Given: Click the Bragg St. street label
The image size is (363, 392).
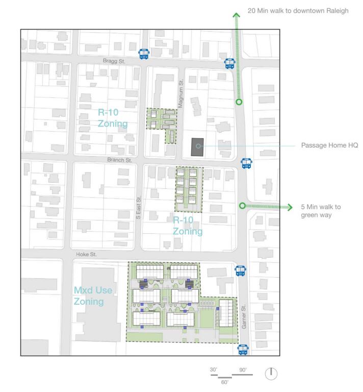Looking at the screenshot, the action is tap(114, 61).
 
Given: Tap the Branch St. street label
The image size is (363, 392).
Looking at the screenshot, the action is tap(120, 160).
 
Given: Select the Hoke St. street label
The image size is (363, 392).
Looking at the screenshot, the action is tap(86, 254).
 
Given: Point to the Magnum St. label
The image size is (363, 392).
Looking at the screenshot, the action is tap(181, 93).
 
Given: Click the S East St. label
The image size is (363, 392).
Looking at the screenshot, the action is tap(139, 208).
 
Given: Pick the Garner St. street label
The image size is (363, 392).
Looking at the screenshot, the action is tap(244, 316).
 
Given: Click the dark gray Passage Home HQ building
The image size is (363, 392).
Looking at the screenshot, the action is tap(197, 147).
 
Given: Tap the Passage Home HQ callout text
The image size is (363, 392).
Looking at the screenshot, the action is tap(329, 145).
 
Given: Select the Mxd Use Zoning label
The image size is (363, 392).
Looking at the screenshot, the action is tap(93, 296).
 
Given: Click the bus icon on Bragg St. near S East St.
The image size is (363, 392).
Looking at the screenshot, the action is tap(144, 54).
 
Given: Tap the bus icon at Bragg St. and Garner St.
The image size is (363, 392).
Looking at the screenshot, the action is tap(230, 63).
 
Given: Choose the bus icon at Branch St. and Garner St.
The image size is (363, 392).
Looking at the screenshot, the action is tap(247, 163).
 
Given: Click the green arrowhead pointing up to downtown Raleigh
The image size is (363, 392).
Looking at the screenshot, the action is tap(237, 15).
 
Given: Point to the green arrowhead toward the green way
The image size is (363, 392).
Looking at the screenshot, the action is tap(290, 207).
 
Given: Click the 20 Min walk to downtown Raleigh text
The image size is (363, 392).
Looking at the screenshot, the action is tap(298, 11).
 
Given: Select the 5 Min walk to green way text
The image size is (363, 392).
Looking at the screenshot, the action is tap(321, 211).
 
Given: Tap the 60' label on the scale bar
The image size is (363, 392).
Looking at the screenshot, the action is tap(225, 382).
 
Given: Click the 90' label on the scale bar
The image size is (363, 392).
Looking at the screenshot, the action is tap(243, 370).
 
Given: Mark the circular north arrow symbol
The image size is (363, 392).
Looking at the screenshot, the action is tap(271, 374).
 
